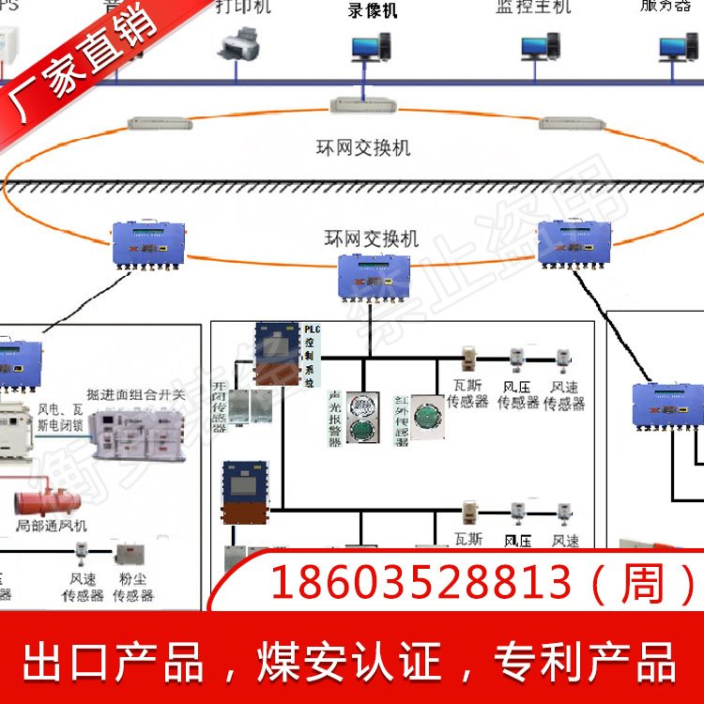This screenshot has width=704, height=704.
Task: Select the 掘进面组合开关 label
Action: [136, 395]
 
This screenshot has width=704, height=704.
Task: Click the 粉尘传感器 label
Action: [132, 588]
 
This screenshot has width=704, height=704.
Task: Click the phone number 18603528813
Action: [421, 584]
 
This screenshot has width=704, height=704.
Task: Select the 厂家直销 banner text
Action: [70, 80]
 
